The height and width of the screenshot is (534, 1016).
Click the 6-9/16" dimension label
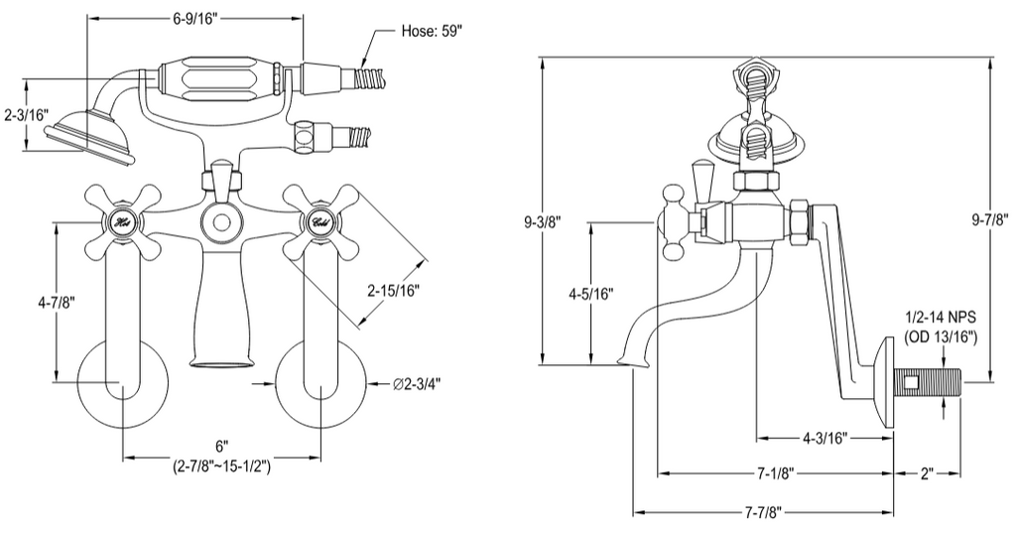click(x=195, y=19)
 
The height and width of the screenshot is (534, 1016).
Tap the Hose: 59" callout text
click(x=433, y=31)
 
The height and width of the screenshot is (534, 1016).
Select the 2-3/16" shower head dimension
click(x=27, y=115)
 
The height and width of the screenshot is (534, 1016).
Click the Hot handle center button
click(x=122, y=222)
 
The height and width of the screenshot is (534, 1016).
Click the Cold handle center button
click(x=320, y=222)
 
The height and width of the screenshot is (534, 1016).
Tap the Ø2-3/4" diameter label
click(x=417, y=384)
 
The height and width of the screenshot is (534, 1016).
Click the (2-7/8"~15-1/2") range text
click(x=221, y=467)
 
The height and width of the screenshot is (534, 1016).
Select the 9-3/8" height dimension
click(x=543, y=222)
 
